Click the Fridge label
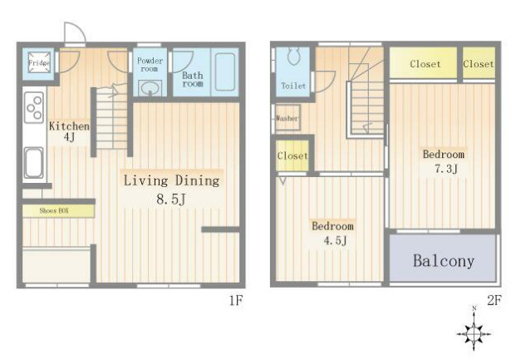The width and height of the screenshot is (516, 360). pos(39,62)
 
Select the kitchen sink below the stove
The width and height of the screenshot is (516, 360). pos(33,163)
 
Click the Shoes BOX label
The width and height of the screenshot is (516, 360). pos(54,210)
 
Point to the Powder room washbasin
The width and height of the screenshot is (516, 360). pos(150,88)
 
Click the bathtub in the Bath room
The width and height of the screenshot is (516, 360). pos(225,72)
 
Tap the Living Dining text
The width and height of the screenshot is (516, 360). pos(171,180)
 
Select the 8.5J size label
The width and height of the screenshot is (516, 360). pos(171,199)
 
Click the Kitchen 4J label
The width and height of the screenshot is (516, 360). pos(69,131)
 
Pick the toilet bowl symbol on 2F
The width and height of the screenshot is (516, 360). pos(294,56)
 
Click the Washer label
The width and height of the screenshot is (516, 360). pos(287,118)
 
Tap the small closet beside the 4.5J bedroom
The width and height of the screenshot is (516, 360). pos(292,155)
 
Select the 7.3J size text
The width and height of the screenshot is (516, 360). pos(446,169)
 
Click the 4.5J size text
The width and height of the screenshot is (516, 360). pos(335,240)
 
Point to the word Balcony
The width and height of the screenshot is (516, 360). pos(443,260)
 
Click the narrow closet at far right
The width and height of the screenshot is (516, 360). pos(479,63)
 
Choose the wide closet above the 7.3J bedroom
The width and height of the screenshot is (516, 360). pos(424,63)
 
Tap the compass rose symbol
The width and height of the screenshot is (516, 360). pos(474,333)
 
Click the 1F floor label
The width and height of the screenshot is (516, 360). pos(236,300)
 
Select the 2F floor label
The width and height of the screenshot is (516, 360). pos(494,300)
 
